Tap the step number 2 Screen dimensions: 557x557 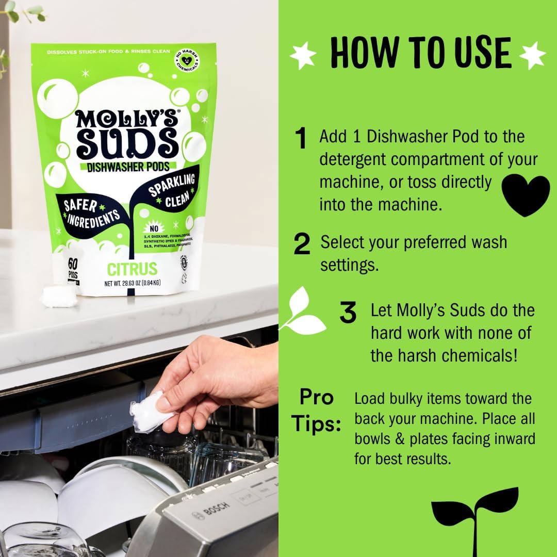point(302,244)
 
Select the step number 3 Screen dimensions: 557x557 point(349,314)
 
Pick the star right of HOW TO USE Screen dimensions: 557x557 point(532,55)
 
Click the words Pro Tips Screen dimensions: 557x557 point(316,411)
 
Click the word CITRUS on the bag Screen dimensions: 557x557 point(132,269)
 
